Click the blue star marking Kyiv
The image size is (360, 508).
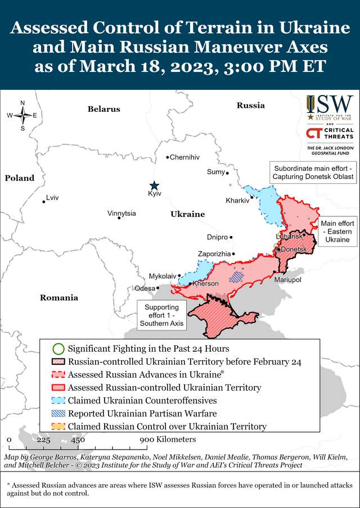[154, 185]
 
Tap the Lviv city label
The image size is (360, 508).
[52, 198]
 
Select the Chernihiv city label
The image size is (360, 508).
[184, 157]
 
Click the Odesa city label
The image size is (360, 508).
[145, 288]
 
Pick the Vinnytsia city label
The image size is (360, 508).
[121, 214]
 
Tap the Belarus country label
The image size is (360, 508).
[103, 109]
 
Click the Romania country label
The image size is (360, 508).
[59, 298]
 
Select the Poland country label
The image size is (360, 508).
[20, 178]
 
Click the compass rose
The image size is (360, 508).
[22, 115]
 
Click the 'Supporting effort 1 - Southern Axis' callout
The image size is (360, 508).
[161, 315]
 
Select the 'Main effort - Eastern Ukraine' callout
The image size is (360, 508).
[337, 232]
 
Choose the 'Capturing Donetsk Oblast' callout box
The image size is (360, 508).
[313, 173]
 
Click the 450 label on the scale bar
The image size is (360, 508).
[78, 439]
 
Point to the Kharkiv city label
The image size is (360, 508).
[237, 201]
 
